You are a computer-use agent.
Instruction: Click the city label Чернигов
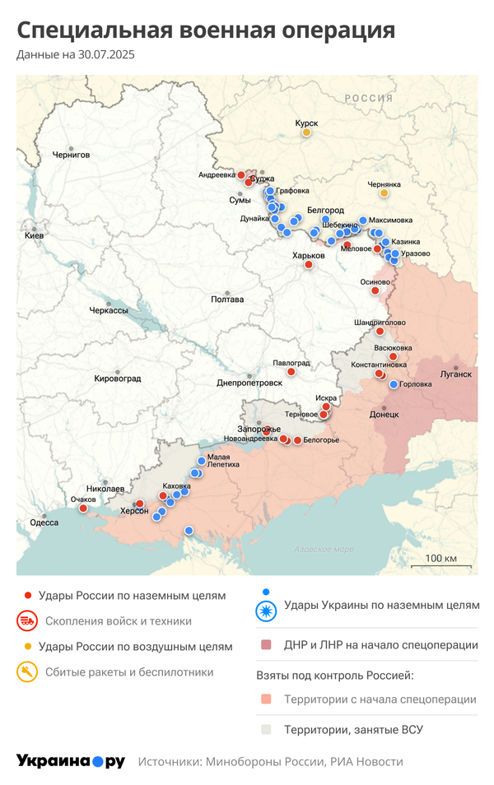click(x=71, y=155)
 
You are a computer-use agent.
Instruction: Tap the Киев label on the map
click(x=34, y=236)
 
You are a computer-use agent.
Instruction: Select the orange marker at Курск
click(x=306, y=132)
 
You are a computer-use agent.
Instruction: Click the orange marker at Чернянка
click(x=384, y=193)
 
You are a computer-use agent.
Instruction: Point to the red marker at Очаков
click(x=83, y=509)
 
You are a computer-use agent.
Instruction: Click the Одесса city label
click(x=44, y=523)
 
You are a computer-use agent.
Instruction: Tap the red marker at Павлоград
click(x=291, y=372)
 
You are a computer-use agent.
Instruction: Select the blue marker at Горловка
click(x=394, y=384)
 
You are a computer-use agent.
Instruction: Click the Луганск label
click(x=456, y=374)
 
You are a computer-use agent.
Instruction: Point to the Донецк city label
click(x=384, y=415)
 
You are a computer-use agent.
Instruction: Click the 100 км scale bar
click(x=441, y=560)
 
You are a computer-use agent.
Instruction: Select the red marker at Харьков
click(x=309, y=265)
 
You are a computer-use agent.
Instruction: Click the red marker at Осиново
click(x=375, y=290)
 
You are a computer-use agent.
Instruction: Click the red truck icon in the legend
click(x=28, y=620)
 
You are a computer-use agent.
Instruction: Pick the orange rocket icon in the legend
click(x=28, y=672)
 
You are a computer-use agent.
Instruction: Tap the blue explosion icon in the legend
click(x=265, y=610)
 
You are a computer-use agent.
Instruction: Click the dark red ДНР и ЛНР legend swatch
click(x=265, y=645)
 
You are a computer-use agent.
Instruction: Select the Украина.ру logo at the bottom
click(x=71, y=761)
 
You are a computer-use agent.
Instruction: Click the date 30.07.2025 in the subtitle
click(x=107, y=54)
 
